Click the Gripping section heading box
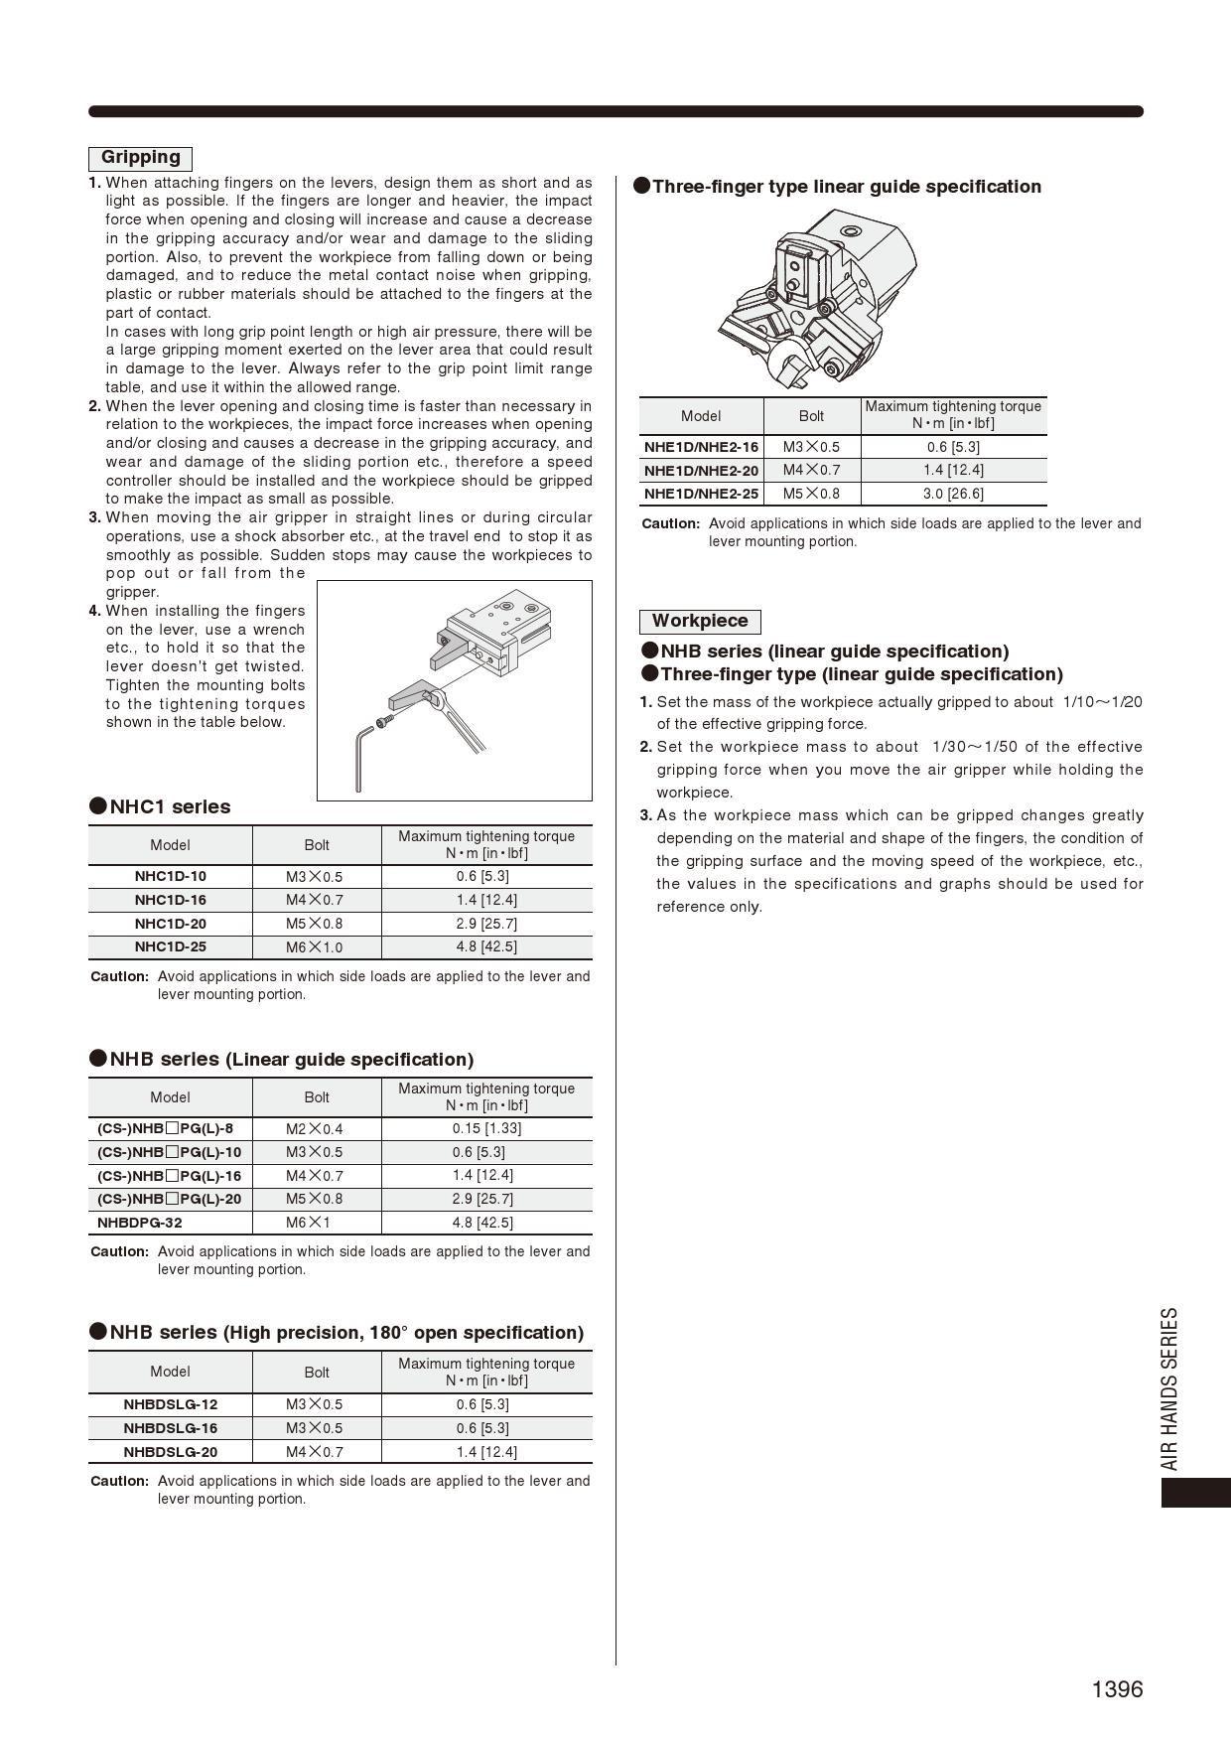point(140,158)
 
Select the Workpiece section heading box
point(700,622)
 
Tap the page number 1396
point(1117,1689)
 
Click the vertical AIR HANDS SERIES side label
point(1170,1387)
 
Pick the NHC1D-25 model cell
point(170,947)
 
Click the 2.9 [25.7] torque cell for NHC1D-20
point(486,924)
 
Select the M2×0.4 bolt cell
point(315,1129)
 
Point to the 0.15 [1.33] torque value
point(486,1128)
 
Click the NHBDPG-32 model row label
point(140,1223)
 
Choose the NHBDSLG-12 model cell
point(170,1404)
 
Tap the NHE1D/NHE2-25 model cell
point(701,494)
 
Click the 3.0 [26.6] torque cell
point(953,494)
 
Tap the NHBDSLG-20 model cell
point(170,1452)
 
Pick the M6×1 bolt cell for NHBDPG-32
point(309,1223)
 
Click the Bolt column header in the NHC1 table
point(317,845)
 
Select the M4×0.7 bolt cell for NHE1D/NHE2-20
point(811,470)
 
